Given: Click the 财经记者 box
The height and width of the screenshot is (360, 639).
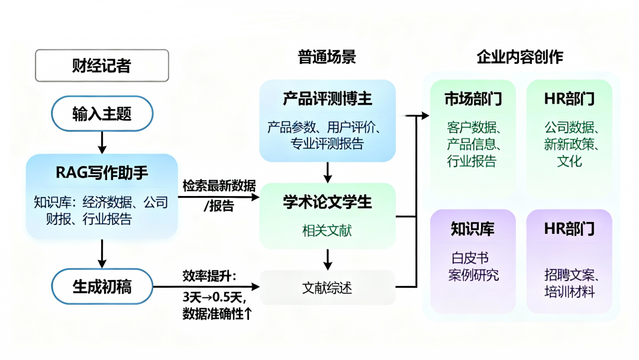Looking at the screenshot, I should (x=102, y=65).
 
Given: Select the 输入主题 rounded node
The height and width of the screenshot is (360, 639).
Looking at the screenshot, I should (x=102, y=113).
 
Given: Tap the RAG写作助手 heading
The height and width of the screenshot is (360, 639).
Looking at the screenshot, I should (x=102, y=173).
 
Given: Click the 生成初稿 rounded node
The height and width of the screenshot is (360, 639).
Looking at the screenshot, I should (x=102, y=287).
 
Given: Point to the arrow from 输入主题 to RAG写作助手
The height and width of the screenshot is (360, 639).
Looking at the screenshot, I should (x=102, y=141).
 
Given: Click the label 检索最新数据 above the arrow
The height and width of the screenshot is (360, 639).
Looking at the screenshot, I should (x=219, y=186).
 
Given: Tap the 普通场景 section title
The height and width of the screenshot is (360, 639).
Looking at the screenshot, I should (x=327, y=57).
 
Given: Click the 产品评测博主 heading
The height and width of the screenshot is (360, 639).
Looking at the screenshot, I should (x=327, y=98).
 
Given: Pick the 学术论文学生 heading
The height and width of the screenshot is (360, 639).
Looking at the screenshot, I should (x=327, y=202).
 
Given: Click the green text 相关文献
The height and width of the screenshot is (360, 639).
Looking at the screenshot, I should (x=327, y=230).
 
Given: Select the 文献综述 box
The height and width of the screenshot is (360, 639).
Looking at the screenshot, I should (x=327, y=288).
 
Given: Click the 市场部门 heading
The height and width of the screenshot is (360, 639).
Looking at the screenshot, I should (x=473, y=98).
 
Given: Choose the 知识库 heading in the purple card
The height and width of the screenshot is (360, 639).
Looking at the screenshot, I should (x=472, y=229).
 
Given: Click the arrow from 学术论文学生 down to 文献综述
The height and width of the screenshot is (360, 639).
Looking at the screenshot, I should (x=327, y=259).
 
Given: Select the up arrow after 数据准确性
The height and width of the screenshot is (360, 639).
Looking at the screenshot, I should (x=248, y=314).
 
